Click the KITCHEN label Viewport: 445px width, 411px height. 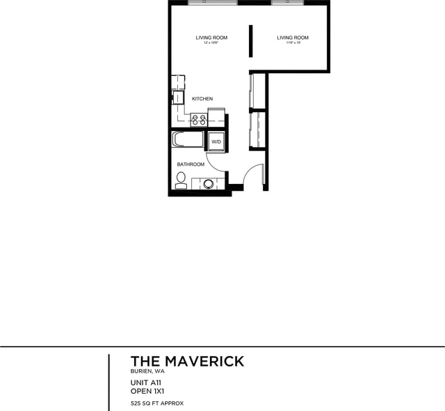click(x=202, y=99)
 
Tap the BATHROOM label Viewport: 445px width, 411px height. click(x=191, y=164)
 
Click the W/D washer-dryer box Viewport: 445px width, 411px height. click(x=216, y=141)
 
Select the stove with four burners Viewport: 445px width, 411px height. click(x=199, y=119)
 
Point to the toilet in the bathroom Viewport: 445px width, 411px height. click(x=181, y=180)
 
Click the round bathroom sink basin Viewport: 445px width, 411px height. click(x=208, y=184)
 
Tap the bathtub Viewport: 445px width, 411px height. click(x=188, y=139)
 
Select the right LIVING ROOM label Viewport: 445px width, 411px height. click(x=293, y=38)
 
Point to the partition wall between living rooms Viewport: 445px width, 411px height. click(x=251, y=42)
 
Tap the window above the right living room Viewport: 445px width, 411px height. click(x=287, y=3)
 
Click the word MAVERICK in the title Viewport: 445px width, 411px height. click(x=204, y=361)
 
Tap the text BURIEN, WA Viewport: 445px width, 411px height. click(x=147, y=372)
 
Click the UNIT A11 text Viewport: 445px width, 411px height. click(x=146, y=382)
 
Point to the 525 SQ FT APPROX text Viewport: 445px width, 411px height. click(x=157, y=403)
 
